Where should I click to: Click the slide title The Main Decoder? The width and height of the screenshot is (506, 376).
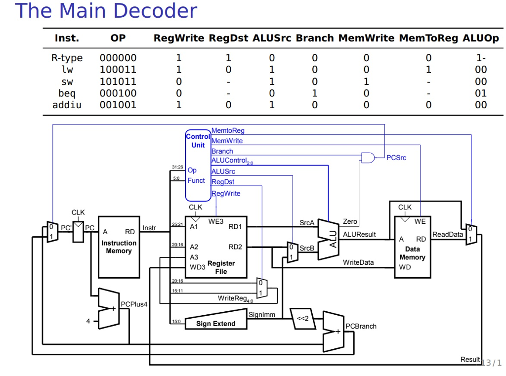click(x=106, y=11)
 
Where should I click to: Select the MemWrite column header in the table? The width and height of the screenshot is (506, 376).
click(x=366, y=38)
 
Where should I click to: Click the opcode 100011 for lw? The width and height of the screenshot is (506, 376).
click(x=118, y=70)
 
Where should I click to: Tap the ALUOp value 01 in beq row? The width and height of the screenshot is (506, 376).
click(x=480, y=93)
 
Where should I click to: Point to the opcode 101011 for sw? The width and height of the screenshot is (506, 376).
click(x=118, y=82)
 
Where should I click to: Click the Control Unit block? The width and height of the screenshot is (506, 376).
click(x=198, y=163)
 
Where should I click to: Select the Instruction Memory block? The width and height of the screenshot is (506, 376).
click(x=119, y=247)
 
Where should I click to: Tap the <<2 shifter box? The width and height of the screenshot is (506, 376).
click(x=302, y=318)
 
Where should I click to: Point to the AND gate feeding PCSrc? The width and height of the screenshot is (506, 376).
click(x=368, y=158)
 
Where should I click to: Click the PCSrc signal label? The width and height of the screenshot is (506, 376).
click(x=396, y=158)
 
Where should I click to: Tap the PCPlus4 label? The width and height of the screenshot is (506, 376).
click(x=134, y=304)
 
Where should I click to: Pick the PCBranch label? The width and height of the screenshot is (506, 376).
click(x=361, y=326)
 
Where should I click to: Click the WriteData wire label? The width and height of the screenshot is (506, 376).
click(x=358, y=262)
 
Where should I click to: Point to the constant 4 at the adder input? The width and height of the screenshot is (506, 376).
click(x=88, y=321)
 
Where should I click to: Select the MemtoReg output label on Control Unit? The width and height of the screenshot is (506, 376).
click(x=228, y=131)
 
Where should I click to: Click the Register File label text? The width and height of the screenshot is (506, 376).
click(x=221, y=267)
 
